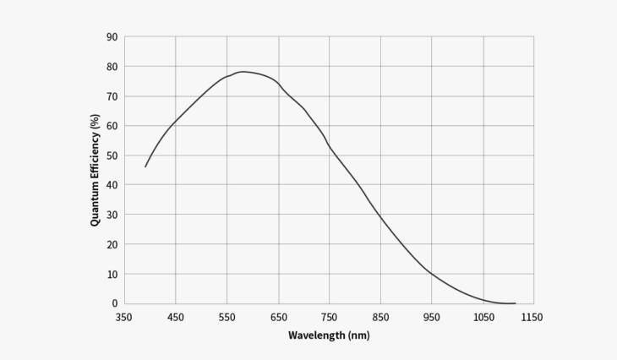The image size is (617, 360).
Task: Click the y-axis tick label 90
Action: tap(112, 36)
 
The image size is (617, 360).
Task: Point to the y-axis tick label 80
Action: tap(112, 66)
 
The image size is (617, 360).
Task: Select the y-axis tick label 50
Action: tap(112, 155)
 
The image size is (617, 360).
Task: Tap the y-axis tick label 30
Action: tap(112, 215)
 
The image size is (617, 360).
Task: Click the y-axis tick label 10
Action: tap(112, 274)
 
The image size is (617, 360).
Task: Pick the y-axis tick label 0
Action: tap(114, 303)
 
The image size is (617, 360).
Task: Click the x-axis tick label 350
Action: tap(124, 317)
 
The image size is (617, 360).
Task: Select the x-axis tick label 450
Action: tap(175, 317)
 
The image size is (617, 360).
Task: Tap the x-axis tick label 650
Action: tap(278, 317)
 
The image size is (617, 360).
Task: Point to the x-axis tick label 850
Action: tap(380, 317)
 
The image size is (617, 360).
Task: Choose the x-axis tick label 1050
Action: tap(483, 317)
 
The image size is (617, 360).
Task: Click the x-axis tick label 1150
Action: tap(532, 317)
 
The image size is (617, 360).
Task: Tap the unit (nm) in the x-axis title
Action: tap(358, 335)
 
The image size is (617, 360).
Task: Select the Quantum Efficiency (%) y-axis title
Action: tap(96, 170)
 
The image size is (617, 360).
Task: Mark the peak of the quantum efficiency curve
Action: tap(243, 72)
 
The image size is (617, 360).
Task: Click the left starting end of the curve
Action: tap(145, 166)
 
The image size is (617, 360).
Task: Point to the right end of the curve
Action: tap(515, 303)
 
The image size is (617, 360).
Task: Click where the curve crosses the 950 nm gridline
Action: tap(431, 273)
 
